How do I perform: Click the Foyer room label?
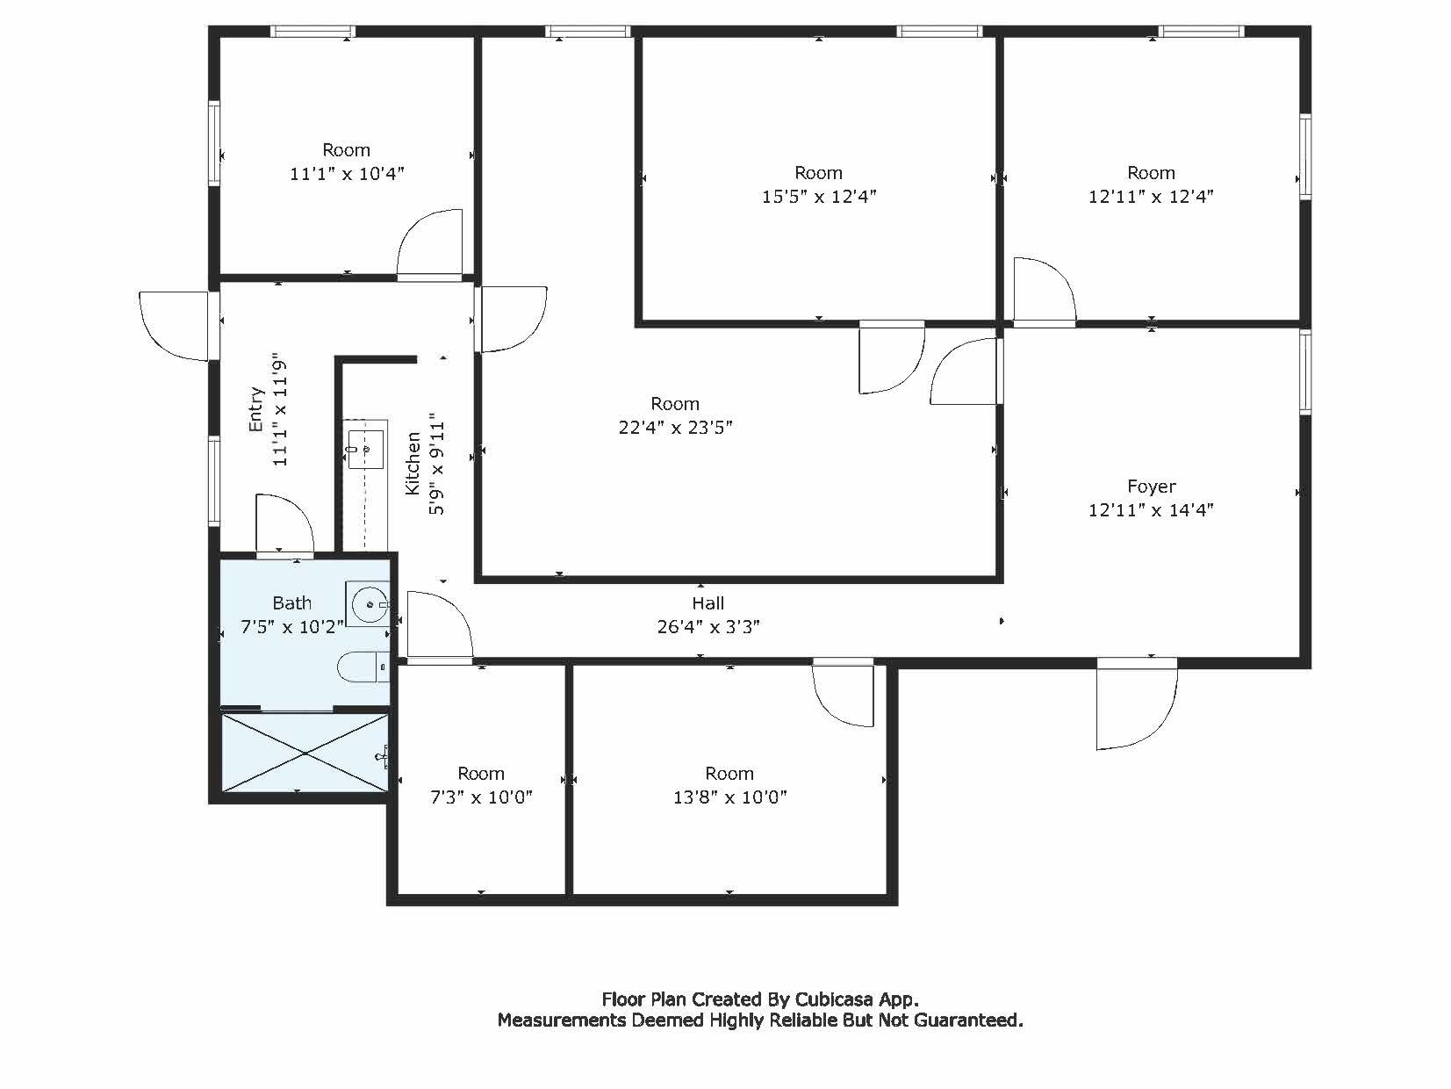coord(1151,487)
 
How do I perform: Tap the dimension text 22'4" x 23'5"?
coord(675,428)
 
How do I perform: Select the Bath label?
coord(291,603)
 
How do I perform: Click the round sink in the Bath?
coord(369,604)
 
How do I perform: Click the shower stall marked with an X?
coord(304,753)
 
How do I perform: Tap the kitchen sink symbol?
coord(364,449)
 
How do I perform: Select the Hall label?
coord(708,603)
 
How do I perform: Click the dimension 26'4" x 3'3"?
coord(708,627)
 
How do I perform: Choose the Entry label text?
coord(256,409)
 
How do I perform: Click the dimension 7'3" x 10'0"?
coord(481,797)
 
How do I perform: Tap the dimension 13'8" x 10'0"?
coord(729,797)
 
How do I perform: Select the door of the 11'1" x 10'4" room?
coord(430,244)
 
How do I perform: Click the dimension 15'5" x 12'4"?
coord(818,197)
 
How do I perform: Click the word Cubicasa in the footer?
coord(833,999)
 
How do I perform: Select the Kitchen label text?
coord(413,463)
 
